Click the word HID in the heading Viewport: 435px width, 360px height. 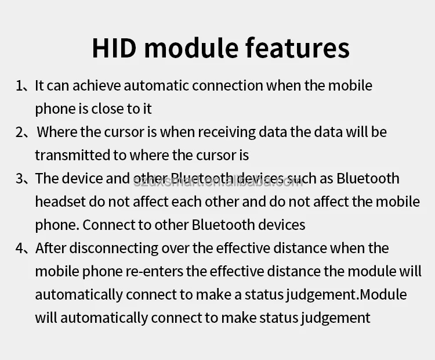[x=114, y=48]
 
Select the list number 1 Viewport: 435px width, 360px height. [x=19, y=86]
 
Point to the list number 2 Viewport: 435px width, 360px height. [x=20, y=132]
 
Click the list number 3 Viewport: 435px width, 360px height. [x=20, y=179]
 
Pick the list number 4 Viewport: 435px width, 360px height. [x=20, y=249]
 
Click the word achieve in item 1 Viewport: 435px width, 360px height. [x=96, y=85]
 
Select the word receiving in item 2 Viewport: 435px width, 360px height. [x=226, y=132]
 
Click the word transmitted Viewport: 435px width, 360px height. [x=72, y=155]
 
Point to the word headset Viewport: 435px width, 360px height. [x=60, y=201]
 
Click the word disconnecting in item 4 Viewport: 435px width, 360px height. [x=114, y=249]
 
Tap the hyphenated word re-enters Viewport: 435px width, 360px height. [x=154, y=271]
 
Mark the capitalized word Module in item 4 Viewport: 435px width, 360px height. [x=383, y=294]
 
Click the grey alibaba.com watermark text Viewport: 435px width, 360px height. [x=218, y=181]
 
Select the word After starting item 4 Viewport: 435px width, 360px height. [x=51, y=248]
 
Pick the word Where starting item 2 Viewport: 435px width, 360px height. [x=57, y=132]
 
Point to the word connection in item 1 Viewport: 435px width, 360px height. [x=227, y=85]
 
